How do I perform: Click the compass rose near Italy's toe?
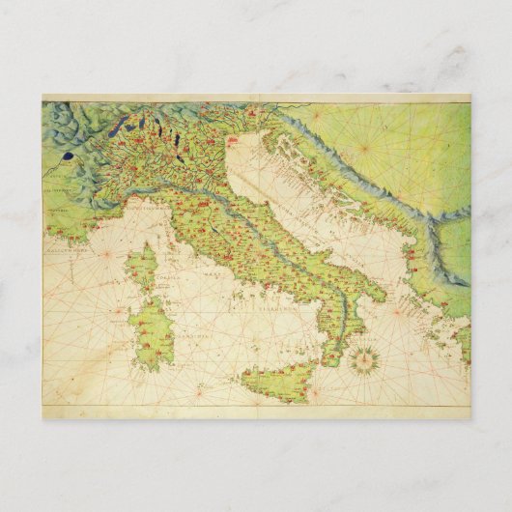click(x=365, y=360)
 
